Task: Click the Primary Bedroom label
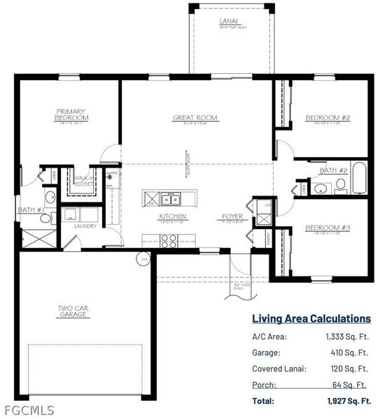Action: pos(71,115)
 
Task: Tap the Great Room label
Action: pos(195,118)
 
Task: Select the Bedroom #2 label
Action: pos(323,118)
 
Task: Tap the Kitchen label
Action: pos(170,217)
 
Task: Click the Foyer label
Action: pos(232,217)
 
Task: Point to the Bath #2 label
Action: pos(334,170)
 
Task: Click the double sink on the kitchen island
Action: pos(170,200)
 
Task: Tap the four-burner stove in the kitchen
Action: pos(169,241)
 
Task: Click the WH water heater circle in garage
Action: pos(145,260)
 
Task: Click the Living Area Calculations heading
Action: pos(311,318)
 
